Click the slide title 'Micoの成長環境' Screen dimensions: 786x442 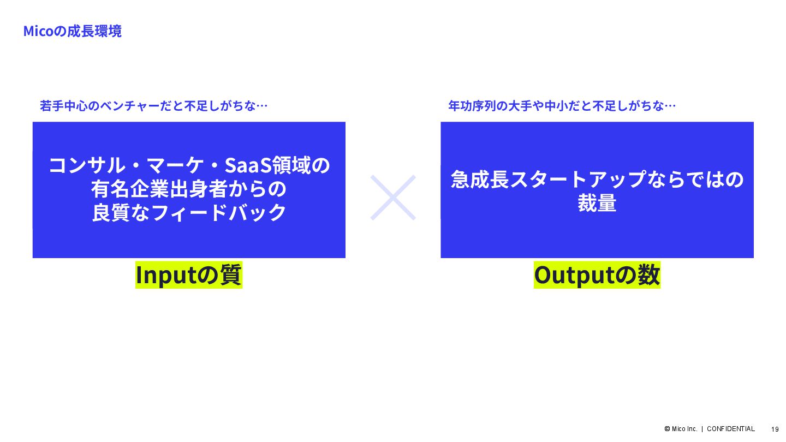click(72, 31)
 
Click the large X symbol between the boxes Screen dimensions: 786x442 click(393, 197)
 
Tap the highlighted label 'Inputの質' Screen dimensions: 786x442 click(188, 275)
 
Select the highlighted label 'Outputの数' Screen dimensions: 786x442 click(597, 275)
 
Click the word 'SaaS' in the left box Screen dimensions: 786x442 click(253, 165)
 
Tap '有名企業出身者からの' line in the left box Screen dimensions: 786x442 click(189, 189)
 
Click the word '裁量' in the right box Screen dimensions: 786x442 click(597, 203)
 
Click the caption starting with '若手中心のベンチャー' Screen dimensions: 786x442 click(153, 106)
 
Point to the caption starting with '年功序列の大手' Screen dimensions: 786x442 click(562, 106)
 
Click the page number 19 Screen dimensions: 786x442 click(775, 429)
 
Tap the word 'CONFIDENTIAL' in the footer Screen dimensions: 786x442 click(730, 429)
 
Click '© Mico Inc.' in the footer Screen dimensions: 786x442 click(681, 429)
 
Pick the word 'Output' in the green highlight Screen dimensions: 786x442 click(574, 275)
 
